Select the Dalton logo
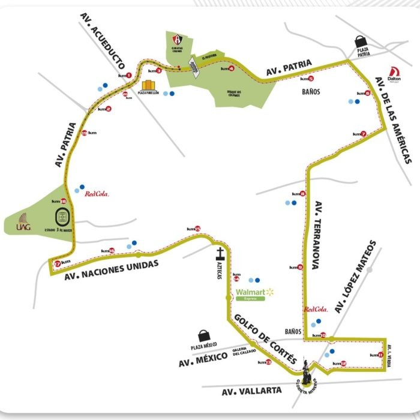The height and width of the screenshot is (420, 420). tap(394, 73)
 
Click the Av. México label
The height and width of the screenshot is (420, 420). tap(202, 359)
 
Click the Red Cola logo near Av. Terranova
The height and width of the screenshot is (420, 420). tap(315, 310)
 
